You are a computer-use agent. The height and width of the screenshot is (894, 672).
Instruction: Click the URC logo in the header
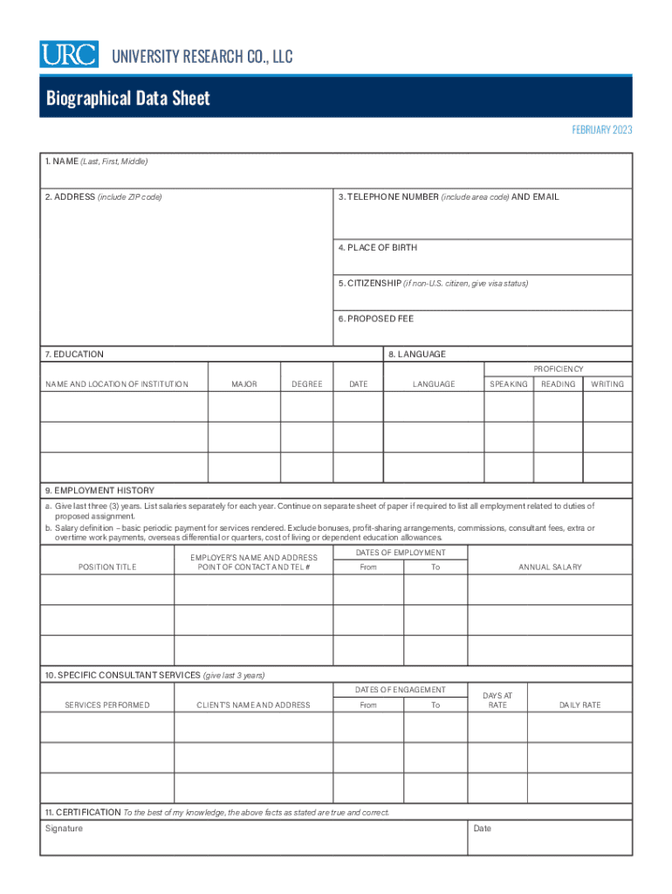68,55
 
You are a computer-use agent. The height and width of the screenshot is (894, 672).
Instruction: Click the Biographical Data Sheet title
127,98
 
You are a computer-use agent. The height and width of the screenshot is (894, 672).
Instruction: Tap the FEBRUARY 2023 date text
601,130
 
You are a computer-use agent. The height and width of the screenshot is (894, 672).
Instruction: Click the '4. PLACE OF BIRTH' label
378,248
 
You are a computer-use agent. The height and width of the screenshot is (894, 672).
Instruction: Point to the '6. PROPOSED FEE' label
376,319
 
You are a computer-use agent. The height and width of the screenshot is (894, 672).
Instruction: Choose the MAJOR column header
244,384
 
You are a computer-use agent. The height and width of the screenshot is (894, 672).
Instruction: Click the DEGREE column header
307,384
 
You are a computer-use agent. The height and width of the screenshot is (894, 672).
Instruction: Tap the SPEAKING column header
509,384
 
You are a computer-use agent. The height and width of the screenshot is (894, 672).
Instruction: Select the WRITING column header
607,384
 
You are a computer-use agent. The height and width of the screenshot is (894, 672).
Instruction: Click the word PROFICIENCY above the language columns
558,369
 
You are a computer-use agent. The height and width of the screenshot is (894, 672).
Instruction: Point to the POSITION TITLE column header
107,567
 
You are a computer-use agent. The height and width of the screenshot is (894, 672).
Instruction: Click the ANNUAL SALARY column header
550,567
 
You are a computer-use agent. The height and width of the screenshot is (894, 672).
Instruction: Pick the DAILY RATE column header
579,705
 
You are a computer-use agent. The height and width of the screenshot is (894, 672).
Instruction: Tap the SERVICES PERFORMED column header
107,705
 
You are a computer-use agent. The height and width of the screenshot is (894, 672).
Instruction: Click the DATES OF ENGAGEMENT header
401,691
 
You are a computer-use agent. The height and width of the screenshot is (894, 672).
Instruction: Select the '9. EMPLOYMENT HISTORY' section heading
99,491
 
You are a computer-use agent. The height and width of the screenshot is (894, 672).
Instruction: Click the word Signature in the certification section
64,829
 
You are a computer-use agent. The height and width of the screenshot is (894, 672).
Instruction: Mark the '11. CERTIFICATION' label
83,813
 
